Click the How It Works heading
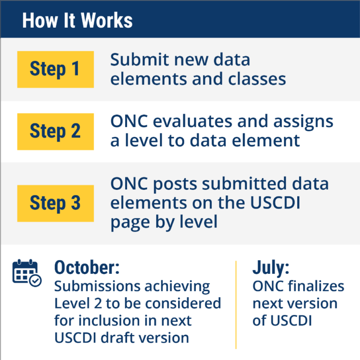tap(77, 21)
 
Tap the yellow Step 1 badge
tap(55, 69)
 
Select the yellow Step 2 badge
tap(55, 131)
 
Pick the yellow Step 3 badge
tap(55, 203)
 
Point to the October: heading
tap(87, 268)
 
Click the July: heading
tap(271, 268)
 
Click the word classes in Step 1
tap(257, 79)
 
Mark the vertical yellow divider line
tap(236, 305)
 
